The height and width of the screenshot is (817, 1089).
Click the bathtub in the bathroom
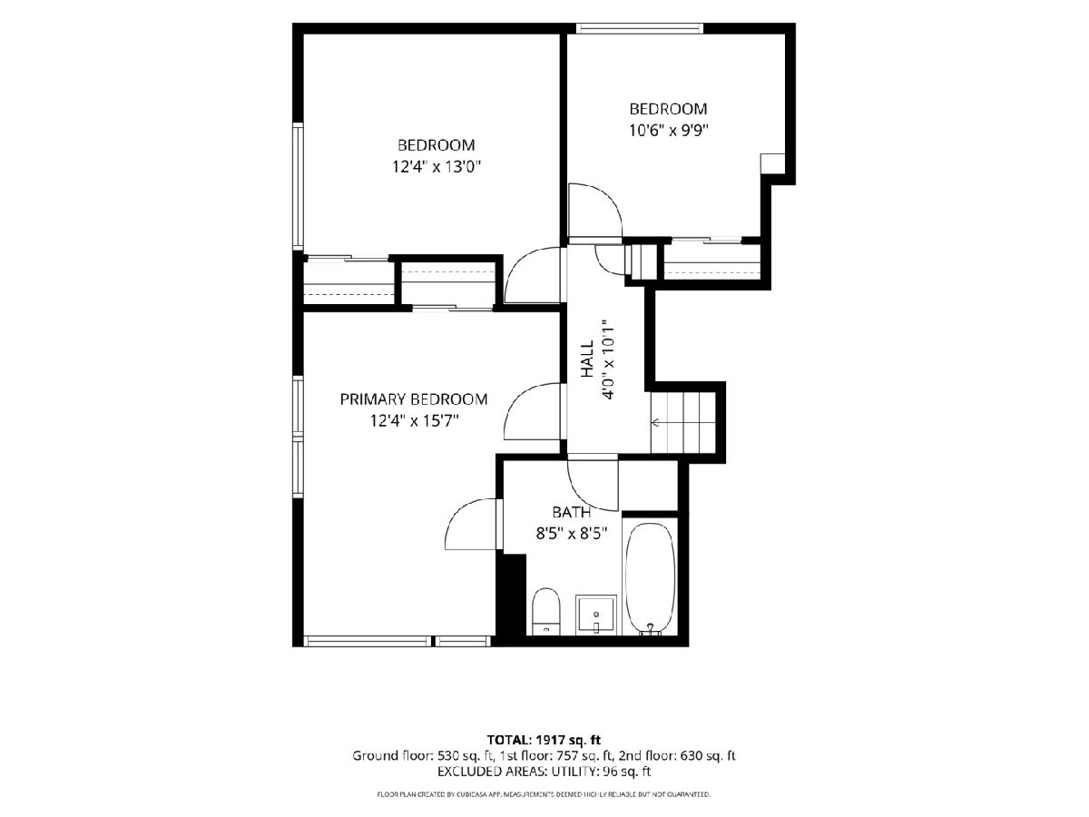(x=650, y=578)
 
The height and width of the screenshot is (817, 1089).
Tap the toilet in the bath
(x=545, y=611)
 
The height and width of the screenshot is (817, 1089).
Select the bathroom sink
(x=596, y=615)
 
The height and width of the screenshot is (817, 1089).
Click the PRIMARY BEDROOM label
(x=413, y=399)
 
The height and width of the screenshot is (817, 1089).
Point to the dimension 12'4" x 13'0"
(x=437, y=167)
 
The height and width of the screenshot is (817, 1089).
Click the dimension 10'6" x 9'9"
(x=668, y=131)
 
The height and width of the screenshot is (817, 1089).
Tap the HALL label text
(x=587, y=359)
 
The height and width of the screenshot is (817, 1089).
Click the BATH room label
(x=572, y=512)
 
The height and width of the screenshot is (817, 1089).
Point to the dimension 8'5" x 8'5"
(x=572, y=534)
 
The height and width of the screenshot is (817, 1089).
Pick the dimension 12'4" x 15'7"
(x=414, y=421)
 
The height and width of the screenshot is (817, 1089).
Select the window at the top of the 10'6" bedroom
(x=640, y=28)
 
